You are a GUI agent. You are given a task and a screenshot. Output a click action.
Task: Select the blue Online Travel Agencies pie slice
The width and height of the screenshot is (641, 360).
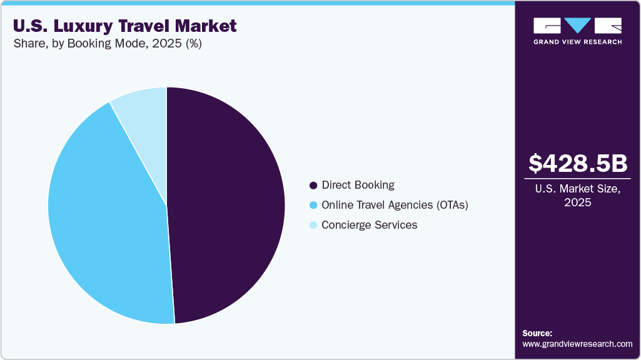click(x=106, y=212)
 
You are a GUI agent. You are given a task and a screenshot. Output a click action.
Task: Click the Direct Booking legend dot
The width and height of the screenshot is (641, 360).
click(x=313, y=186)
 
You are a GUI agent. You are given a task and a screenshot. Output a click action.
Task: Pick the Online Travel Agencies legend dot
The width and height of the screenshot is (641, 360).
click(x=313, y=205)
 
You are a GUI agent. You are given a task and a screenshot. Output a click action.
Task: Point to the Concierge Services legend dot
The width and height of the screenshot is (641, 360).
click(x=313, y=225)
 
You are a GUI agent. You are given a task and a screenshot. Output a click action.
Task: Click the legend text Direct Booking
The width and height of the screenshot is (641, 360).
click(x=358, y=185)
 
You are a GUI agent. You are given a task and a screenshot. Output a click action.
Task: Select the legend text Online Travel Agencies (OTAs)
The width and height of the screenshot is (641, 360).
click(x=395, y=205)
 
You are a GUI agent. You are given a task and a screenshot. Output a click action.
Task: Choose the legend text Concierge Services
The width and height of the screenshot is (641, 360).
click(x=369, y=225)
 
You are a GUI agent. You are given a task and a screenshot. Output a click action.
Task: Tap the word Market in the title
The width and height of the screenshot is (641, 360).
click(x=206, y=26)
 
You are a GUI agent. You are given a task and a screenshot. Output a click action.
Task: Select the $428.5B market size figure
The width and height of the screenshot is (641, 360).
click(x=577, y=163)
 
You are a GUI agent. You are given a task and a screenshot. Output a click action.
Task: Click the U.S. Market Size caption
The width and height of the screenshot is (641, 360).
click(x=577, y=189)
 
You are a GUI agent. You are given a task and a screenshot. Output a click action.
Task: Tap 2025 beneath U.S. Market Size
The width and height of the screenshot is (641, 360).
click(x=577, y=202)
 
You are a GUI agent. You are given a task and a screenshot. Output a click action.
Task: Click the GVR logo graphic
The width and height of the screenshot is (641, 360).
click(x=577, y=26)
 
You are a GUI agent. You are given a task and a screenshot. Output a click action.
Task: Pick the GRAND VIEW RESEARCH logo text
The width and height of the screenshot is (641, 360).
click(x=577, y=42)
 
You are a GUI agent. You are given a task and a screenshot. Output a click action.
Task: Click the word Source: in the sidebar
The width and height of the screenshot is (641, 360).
click(x=537, y=333)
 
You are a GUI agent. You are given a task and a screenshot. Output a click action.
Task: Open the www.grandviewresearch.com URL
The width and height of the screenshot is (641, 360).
click(x=577, y=344)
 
